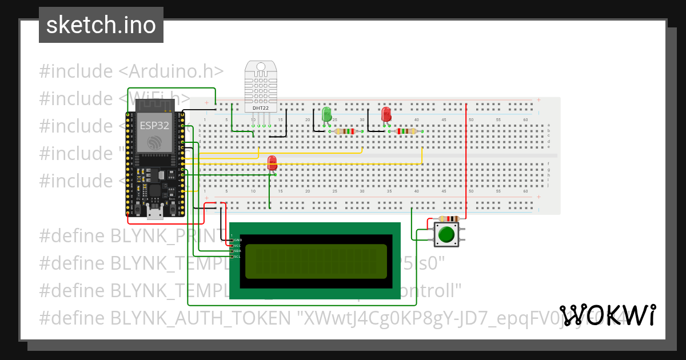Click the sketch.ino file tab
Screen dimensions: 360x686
click(x=101, y=25)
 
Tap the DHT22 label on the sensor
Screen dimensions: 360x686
click(x=261, y=107)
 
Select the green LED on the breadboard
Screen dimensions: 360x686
click(x=327, y=114)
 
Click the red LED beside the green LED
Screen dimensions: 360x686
click(x=386, y=114)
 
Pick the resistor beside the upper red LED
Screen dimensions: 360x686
click(x=406, y=131)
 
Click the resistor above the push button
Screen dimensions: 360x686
click(x=449, y=219)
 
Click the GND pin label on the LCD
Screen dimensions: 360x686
click(x=238, y=240)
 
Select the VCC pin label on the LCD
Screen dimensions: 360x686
click(x=238, y=246)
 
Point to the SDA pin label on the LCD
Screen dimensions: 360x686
click(x=238, y=251)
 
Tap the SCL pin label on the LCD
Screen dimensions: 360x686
click(x=238, y=257)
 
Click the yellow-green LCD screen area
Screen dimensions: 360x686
click(x=316, y=261)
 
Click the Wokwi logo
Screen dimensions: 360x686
click(x=607, y=315)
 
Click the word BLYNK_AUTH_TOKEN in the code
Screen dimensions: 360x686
click(x=200, y=318)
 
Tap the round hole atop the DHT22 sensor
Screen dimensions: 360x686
click(x=261, y=67)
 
